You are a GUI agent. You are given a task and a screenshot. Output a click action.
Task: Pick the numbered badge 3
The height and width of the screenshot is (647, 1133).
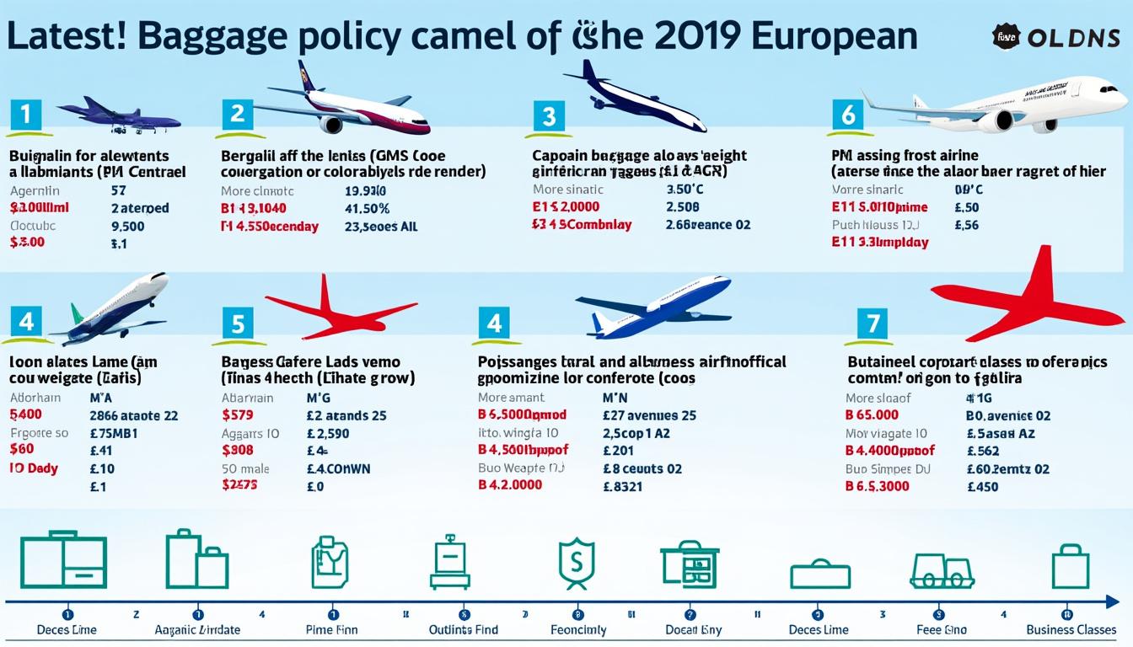pos(548,115)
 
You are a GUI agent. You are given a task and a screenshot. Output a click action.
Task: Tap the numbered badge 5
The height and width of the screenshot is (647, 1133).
pos(238,323)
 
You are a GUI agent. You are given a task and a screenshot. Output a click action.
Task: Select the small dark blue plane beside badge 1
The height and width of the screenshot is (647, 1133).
pos(118,115)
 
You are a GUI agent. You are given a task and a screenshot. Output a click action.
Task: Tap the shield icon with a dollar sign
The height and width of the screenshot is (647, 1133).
pos(577,564)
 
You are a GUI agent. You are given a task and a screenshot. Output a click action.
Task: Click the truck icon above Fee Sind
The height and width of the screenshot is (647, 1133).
pos(942,571)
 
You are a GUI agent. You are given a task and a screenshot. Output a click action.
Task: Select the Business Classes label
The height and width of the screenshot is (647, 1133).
pos(1071,629)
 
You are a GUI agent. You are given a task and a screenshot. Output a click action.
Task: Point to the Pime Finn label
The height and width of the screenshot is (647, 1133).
pos(331,629)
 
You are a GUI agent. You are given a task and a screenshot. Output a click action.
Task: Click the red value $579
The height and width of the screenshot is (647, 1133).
pos(238,414)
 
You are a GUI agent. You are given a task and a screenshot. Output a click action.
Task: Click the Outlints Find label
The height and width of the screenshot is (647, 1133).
pos(463,629)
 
